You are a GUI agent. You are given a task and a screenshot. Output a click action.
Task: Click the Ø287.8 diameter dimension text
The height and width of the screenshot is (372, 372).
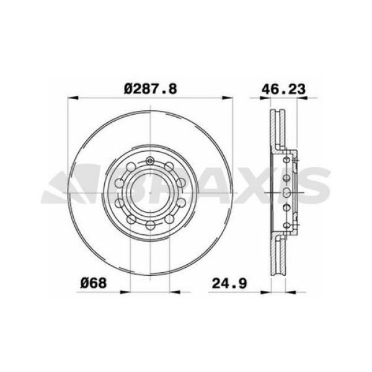click(x=151, y=89)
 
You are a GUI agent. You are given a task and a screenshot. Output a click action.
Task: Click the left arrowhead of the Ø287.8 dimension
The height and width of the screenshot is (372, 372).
click(x=69, y=97)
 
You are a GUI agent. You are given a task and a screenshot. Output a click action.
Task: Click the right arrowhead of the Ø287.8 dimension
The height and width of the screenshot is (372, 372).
click(x=231, y=97)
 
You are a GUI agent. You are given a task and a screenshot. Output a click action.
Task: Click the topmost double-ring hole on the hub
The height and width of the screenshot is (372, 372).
click(x=150, y=162)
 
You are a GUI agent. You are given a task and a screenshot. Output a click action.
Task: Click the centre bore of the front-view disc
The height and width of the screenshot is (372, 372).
click(x=150, y=192)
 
